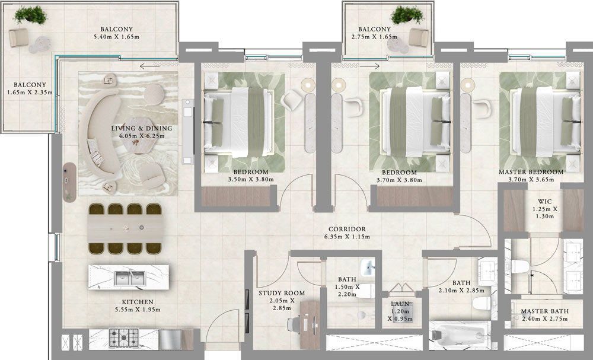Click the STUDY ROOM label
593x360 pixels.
click(x=281, y=293)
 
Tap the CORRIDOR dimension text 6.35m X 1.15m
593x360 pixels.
click(x=347, y=237)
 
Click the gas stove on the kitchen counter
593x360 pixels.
click(x=123, y=337)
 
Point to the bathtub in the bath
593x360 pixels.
click(x=460, y=334)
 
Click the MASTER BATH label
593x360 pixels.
click(x=544, y=311)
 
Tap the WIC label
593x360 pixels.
click(x=544, y=202)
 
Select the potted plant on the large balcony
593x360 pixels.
click(x=30, y=14)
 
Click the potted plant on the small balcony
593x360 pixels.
click(x=407, y=14)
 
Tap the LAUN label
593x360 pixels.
click(x=400, y=304)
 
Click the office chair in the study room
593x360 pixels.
click(x=294, y=324)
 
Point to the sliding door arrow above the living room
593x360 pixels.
click(x=149, y=66)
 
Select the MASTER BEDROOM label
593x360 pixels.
click(x=531, y=172)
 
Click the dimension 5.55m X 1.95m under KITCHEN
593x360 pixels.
click(x=138, y=310)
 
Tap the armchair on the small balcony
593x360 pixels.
click(x=419, y=37)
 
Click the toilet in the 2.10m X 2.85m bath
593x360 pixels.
click(x=481, y=302)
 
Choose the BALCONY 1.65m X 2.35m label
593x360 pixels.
click(x=30, y=88)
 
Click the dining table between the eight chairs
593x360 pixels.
click(x=126, y=229)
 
